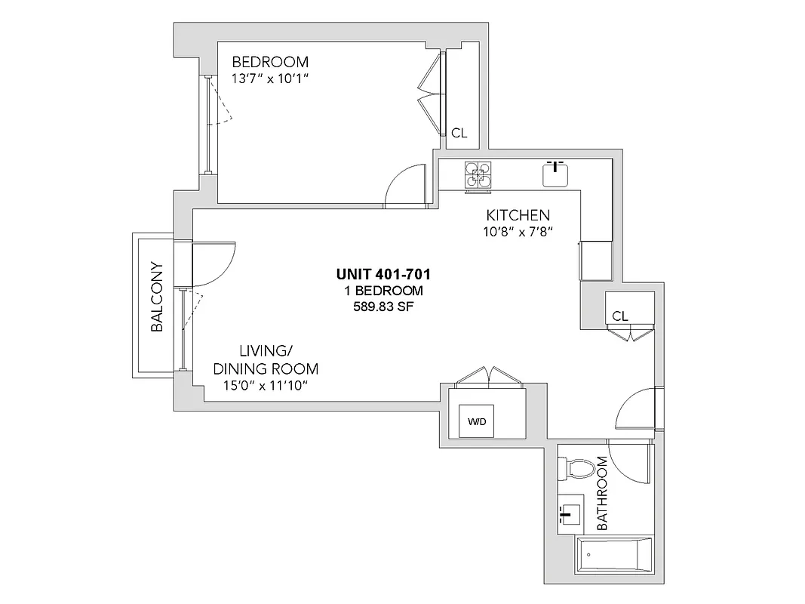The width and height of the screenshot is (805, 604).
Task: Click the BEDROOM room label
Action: [x=269, y=62]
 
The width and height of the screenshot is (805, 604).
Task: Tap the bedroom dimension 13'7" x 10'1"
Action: [x=269, y=79]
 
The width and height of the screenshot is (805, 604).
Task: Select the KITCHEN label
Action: [x=518, y=215]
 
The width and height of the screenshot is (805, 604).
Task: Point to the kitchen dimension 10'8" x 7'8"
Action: [x=518, y=232]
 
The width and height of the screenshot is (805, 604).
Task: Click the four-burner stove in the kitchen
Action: [x=477, y=175]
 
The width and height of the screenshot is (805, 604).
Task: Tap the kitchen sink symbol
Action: [x=556, y=174]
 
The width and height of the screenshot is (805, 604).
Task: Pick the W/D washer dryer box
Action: [x=476, y=421]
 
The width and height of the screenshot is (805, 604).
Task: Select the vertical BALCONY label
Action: [x=157, y=297]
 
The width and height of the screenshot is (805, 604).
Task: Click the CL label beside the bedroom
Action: [x=459, y=133]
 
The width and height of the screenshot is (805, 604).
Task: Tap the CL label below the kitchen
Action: [x=620, y=316]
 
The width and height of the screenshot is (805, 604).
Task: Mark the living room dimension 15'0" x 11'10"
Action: [x=265, y=386]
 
